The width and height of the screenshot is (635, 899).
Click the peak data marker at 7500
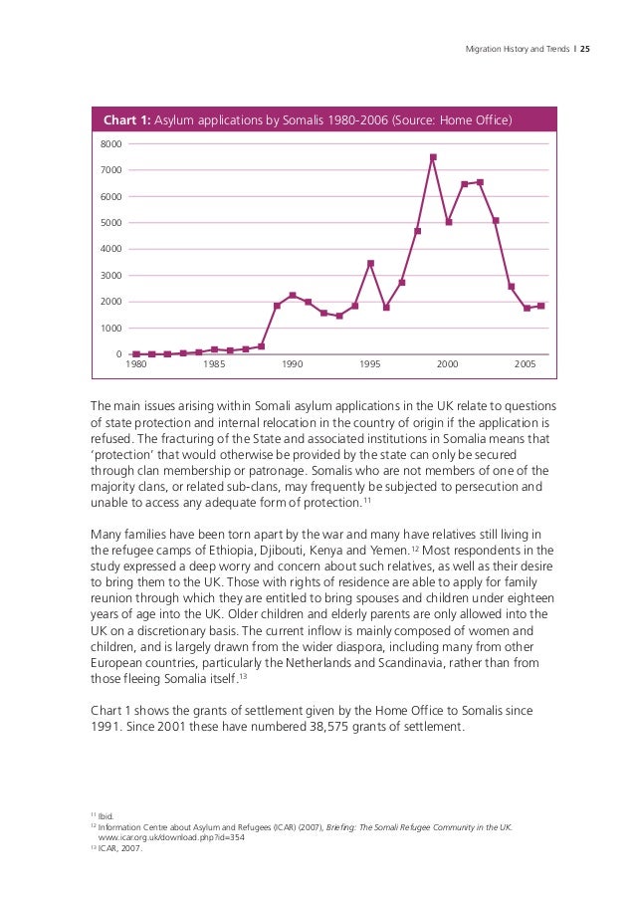[433, 157]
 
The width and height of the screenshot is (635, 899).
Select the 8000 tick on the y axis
[110, 144]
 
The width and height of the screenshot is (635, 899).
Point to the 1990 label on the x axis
[292, 365]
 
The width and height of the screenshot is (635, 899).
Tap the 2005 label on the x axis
[526, 365]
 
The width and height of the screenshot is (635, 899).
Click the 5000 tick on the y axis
[110, 223]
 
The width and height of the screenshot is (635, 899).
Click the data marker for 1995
[370, 263]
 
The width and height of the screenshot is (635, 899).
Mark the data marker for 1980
[135, 353]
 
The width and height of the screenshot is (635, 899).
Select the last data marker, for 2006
[541, 306]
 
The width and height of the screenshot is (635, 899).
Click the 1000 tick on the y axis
[110, 329]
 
